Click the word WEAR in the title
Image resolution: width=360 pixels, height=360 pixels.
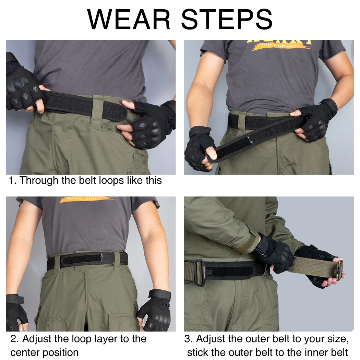tap(129, 20)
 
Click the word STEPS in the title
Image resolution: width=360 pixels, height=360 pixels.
tap(227, 20)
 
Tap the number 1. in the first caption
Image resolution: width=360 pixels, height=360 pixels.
tap(13, 180)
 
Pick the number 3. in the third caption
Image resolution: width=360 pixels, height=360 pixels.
tap(189, 339)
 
